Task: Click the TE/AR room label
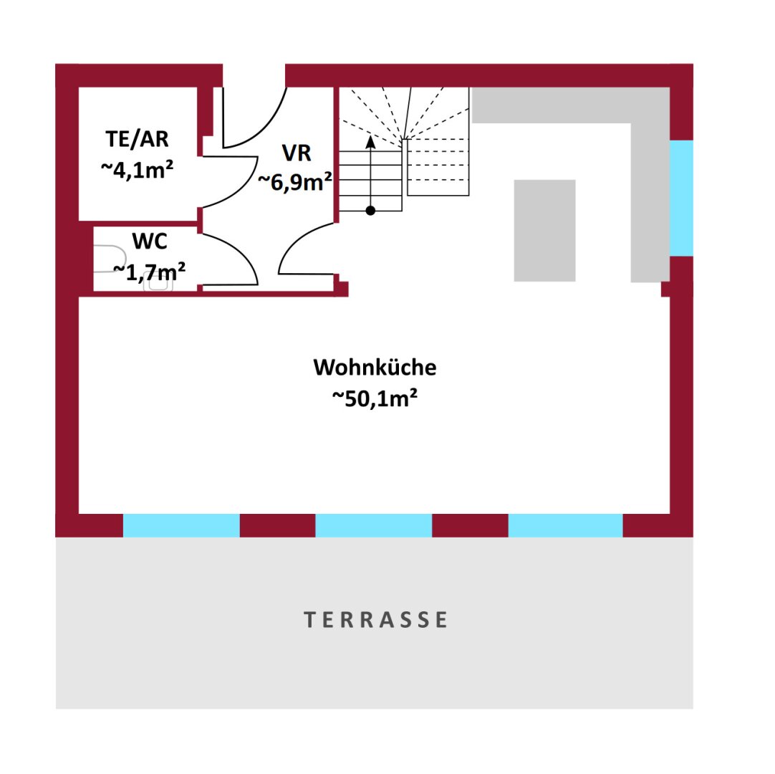[x=137, y=139]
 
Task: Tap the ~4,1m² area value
[x=137, y=170]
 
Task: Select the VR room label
[x=297, y=153]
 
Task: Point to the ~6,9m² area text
[x=295, y=182]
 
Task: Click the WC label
[x=150, y=242]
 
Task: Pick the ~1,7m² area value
[x=149, y=272]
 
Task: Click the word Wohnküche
[x=375, y=368]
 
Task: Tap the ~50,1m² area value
[x=375, y=398]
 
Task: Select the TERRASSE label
[x=375, y=620]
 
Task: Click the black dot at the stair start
[x=371, y=211]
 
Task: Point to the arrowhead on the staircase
[x=371, y=142]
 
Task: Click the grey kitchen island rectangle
[x=544, y=231]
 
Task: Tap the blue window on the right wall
[x=682, y=198]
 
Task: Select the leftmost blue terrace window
[x=181, y=525]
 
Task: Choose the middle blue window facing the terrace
[x=374, y=525]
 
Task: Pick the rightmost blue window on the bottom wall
[x=565, y=525]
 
